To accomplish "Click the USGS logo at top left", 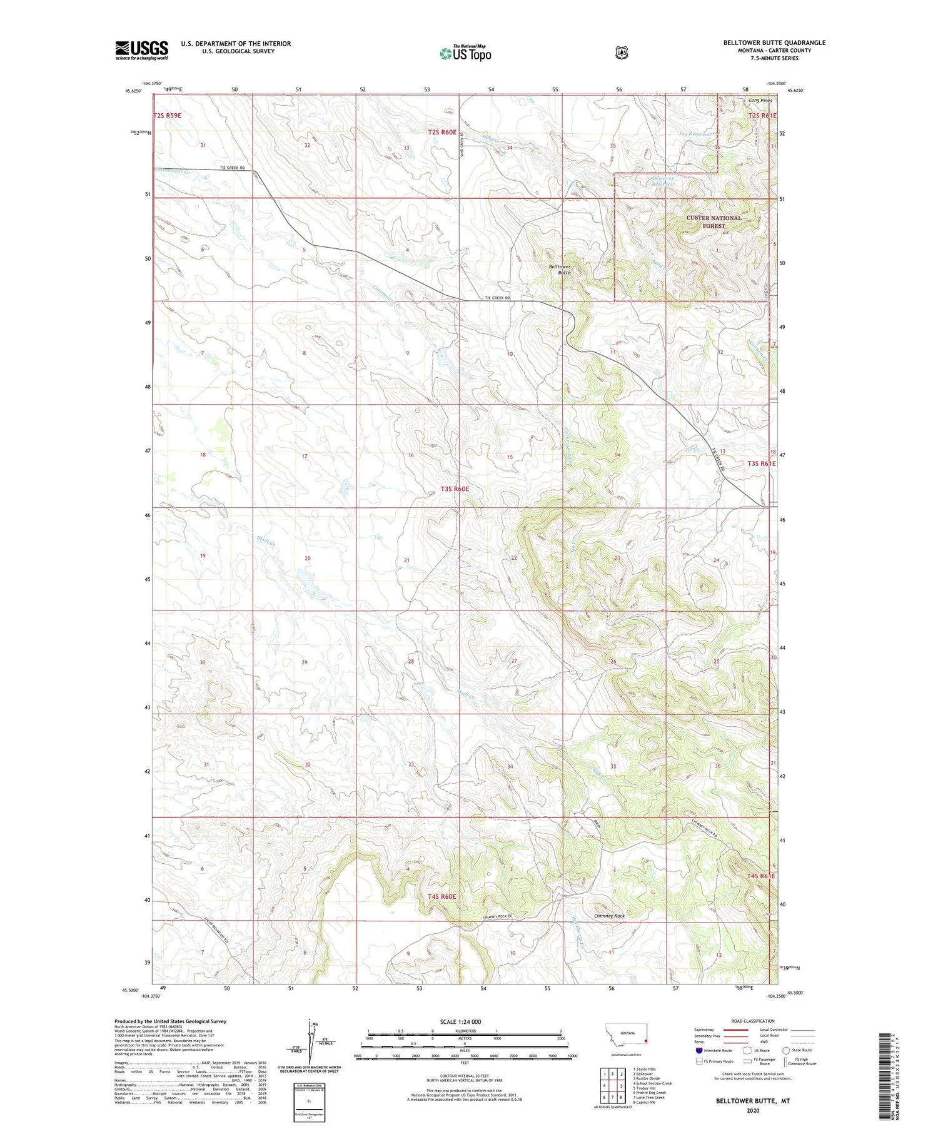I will tap(141, 50).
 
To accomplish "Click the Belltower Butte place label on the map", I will tap(560, 270).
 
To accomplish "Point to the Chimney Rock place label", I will tap(609, 916).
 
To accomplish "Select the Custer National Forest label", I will tap(714, 222).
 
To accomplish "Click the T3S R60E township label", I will tap(455, 489).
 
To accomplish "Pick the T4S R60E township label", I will tap(441, 897).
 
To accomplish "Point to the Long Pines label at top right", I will tap(760, 100).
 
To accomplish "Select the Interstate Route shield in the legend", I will tap(699, 1051).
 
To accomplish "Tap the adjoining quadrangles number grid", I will tap(612, 1086).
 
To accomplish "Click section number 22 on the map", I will tap(514, 558).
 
